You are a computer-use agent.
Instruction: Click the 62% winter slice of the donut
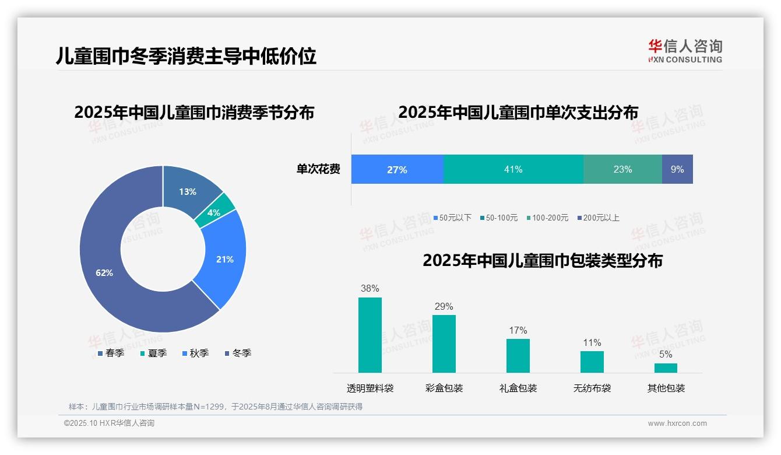105,272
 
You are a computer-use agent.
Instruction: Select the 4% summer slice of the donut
214,213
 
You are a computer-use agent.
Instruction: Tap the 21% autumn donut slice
224,259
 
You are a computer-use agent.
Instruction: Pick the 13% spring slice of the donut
188,191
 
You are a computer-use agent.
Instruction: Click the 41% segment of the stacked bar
513,169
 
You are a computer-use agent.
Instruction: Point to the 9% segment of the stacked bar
677,169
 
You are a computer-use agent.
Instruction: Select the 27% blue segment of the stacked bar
397,169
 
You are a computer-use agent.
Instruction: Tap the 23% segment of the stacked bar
622,169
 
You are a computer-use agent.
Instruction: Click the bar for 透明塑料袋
370,335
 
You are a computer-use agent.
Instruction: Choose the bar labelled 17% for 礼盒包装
518,355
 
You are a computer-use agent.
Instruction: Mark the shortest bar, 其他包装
666,367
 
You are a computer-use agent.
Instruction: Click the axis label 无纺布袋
592,388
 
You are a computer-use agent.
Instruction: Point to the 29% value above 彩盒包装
444,307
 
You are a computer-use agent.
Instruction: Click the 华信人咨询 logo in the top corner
685,51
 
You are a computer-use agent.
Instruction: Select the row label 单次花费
318,169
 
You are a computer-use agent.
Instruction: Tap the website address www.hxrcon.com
677,423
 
